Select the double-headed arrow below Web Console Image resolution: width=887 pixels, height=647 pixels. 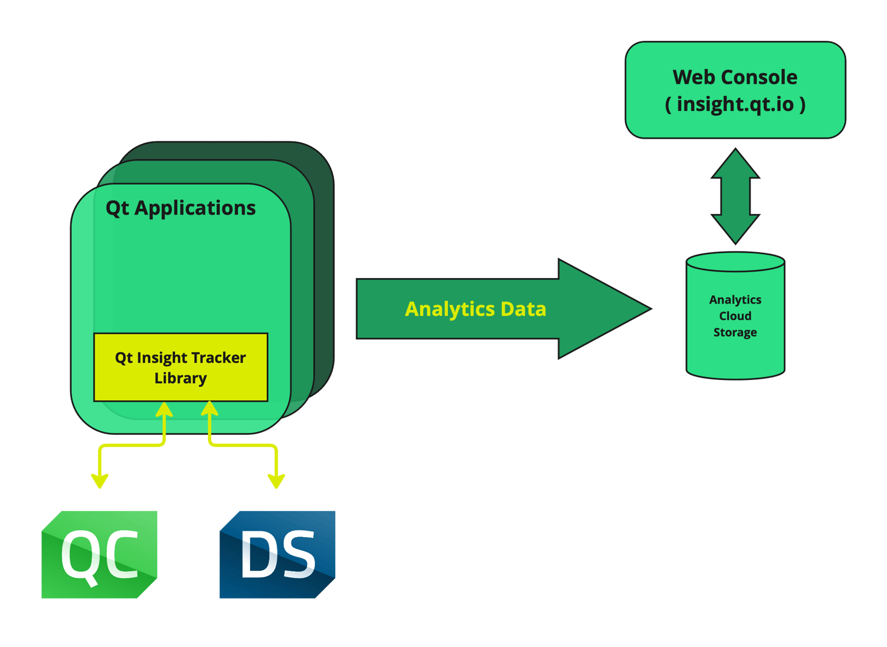tap(735, 196)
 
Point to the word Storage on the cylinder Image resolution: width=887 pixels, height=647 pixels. tap(735, 332)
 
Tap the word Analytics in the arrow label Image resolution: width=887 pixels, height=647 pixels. tap(450, 309)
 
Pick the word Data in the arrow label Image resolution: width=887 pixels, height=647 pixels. tap(524, 309)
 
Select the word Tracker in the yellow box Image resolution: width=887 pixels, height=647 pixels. tap(219, 358)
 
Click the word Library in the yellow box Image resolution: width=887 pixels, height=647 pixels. tap(180, 378)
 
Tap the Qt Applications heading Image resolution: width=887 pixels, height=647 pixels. tap(180, 208)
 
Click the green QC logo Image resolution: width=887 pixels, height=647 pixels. tap(99, 554)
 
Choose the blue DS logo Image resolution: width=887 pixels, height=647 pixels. tap(277, 554)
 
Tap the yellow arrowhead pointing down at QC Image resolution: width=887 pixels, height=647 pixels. tap(100, 481)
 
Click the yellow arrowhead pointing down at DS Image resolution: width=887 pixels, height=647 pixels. tap(276, 481)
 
